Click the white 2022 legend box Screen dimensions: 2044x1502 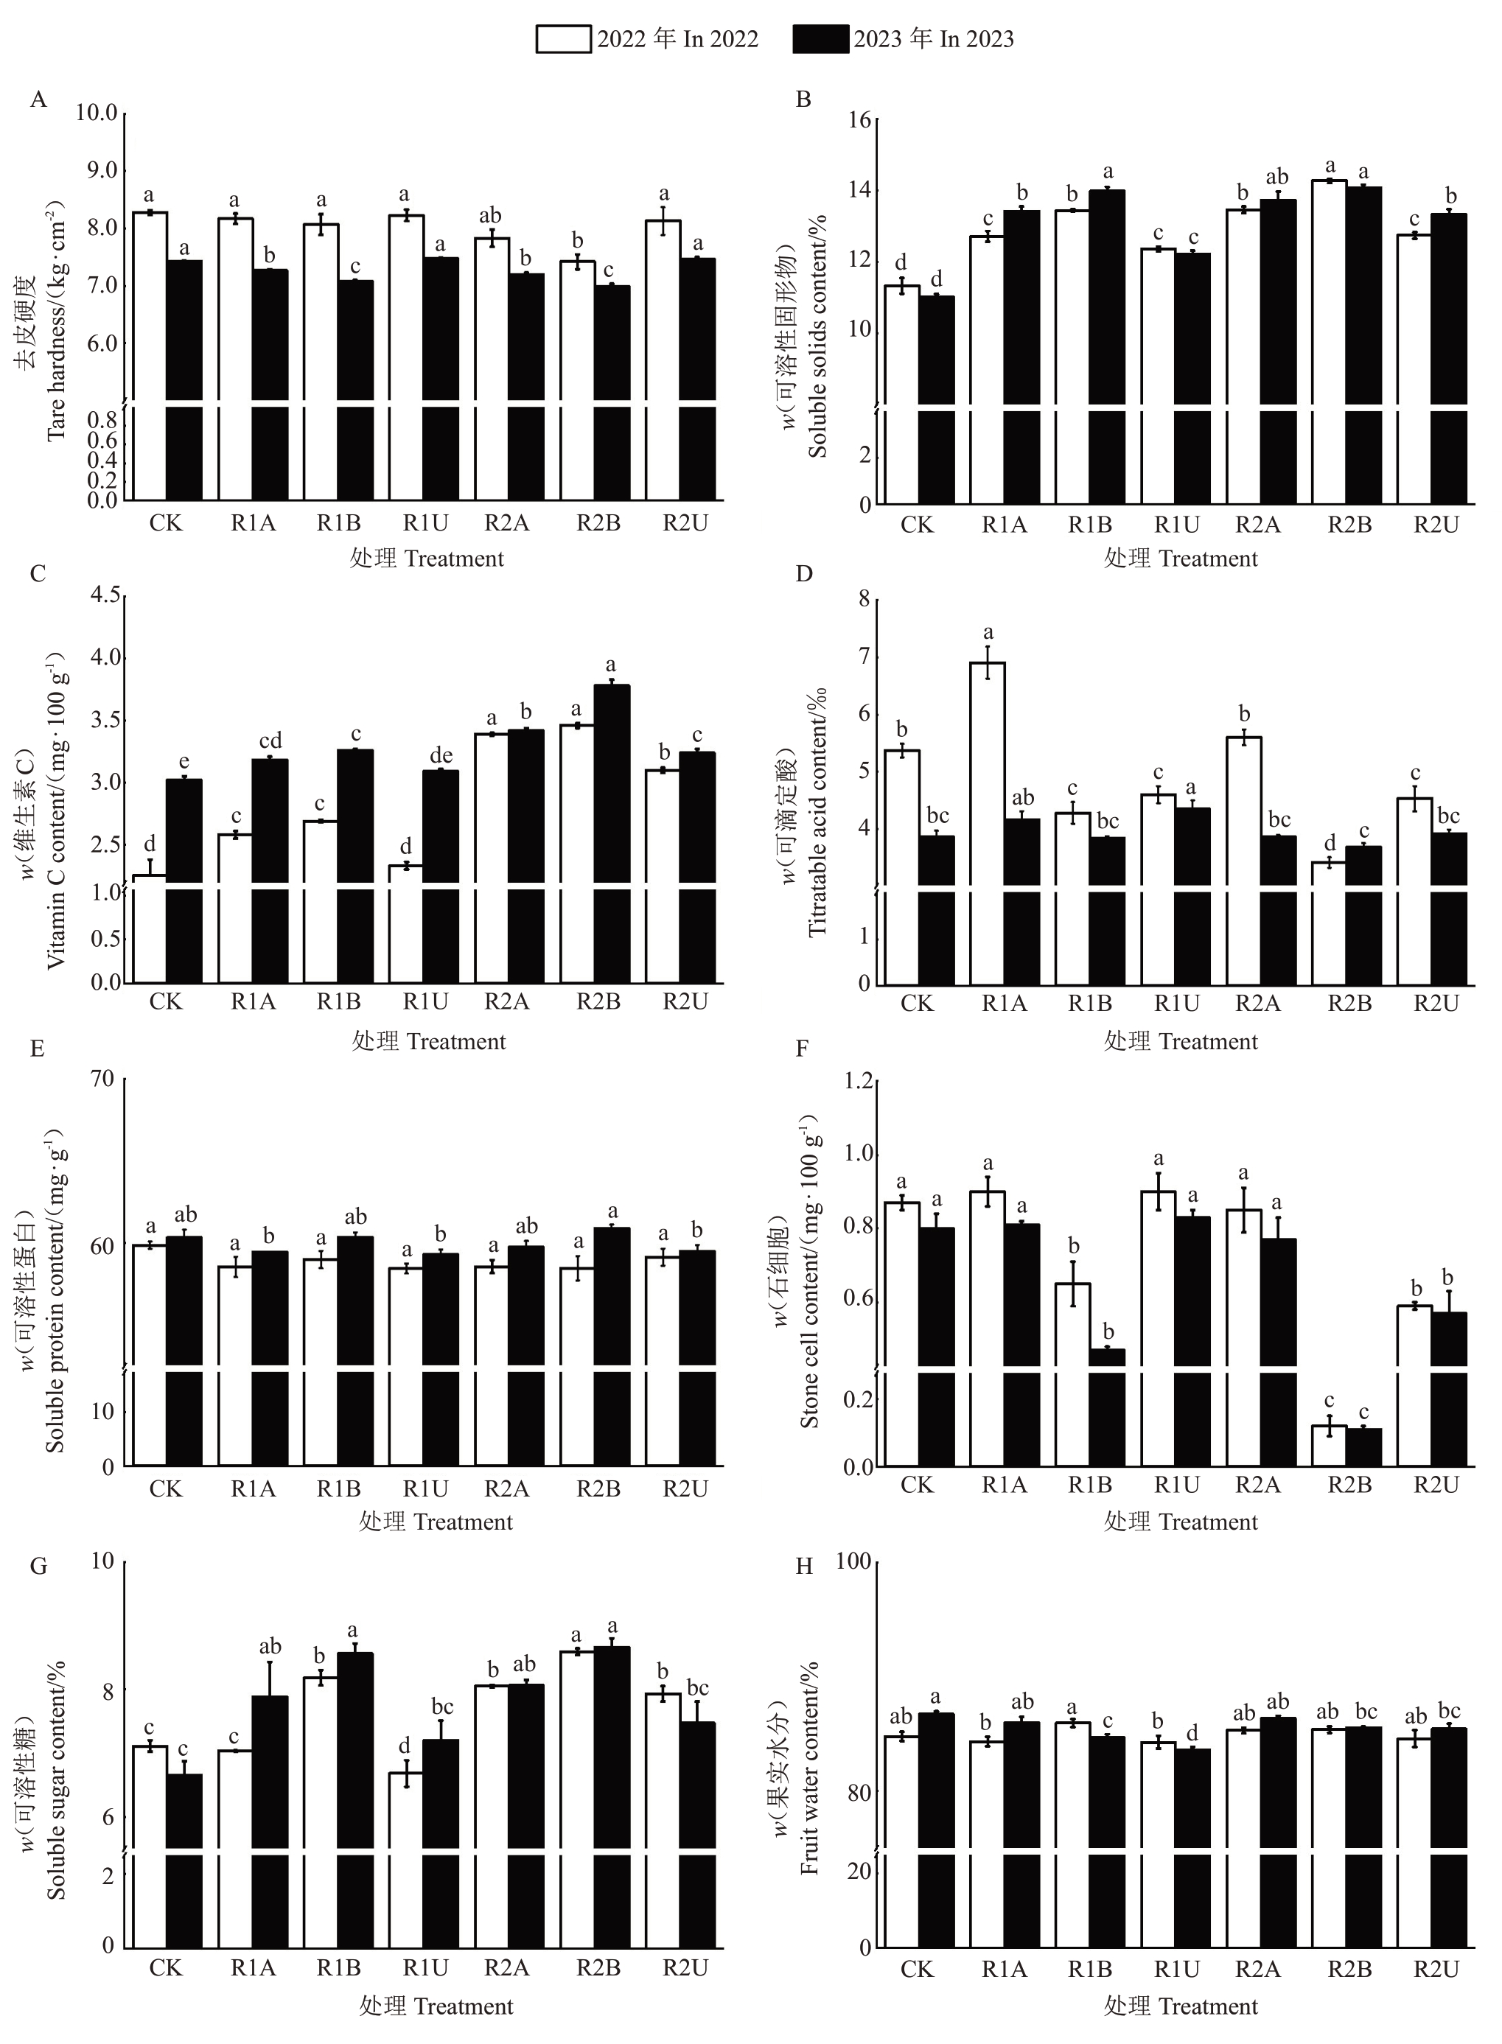(563, 39)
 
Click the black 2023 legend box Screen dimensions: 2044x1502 (820, 39)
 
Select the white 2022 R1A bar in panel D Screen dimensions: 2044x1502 (988, 818)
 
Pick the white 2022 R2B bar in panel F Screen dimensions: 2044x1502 (1330, 1445)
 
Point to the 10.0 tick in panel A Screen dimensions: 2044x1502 (97, 113)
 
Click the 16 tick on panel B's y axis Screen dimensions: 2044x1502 (859, 120)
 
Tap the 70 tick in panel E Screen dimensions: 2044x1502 (102, 1079)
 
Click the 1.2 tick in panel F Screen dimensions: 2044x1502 (859, 1081)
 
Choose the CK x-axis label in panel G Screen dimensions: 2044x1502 (166, 1967)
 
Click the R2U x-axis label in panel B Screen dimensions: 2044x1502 (1436, 525)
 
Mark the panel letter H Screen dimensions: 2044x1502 (804, 1566)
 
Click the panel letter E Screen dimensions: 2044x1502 (38, 1049)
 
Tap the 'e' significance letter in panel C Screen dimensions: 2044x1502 (184, 762)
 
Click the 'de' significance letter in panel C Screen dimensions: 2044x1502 (441, 755)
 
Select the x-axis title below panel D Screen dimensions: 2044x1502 (1180, 1042)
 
